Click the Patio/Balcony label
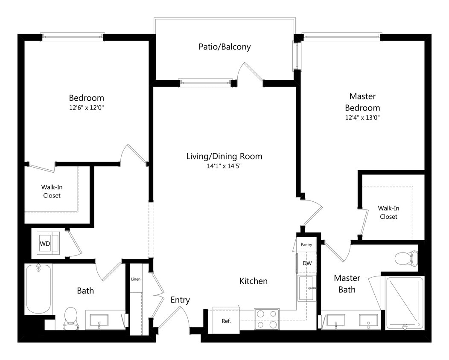click(x=224, y=47)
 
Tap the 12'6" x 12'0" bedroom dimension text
click(x=87, y=108)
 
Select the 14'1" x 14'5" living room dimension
click(x=224, y=166)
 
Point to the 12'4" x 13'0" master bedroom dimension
click(x=362, y=118)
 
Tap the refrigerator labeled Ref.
click(x=226, y=321)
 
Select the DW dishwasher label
click(x=307, y=264)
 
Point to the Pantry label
click(x=306, y=245)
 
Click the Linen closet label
click(x=136, y=279)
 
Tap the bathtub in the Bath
click(x=38, y=289)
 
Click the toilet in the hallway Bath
click(x=70, y=318)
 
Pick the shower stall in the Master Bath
click(x=405, y=303)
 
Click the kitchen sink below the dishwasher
click(x=306, y=288)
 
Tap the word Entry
click(x=180, y=300)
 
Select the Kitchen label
click(x=254, y=281)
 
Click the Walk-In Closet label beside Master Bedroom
click(x=388, y=212)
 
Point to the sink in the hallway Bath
click(x=99, y=320)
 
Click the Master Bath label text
click(x=347, y=284)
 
